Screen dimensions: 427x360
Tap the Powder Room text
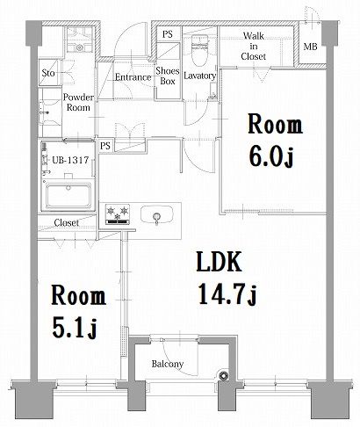pyautogui.click(x=78, y=101)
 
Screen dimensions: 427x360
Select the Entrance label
pyautogui.click(x=133, y=76)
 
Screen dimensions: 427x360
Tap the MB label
pyautogui.click(x=311, y=47)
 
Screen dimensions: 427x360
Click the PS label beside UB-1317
pyautogui.click(x=105, y=145)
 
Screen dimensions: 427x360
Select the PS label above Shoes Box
pyautogui.click(x=167, y=35)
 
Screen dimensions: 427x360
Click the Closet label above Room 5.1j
pyautogui.click(x=66, y=223)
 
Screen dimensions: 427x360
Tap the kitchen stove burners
pyautogui.click(x=118, y=213)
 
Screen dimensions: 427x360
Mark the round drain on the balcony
pyautogui.click(x=223, y=379)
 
